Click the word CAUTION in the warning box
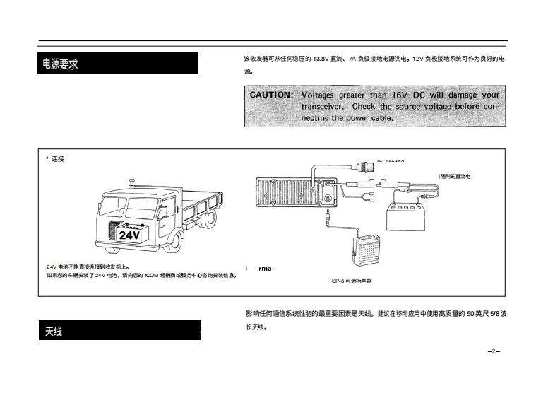[271, 95]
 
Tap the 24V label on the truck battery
[130, 235]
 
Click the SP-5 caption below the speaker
[351, 281]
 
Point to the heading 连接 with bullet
[55, 159]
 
